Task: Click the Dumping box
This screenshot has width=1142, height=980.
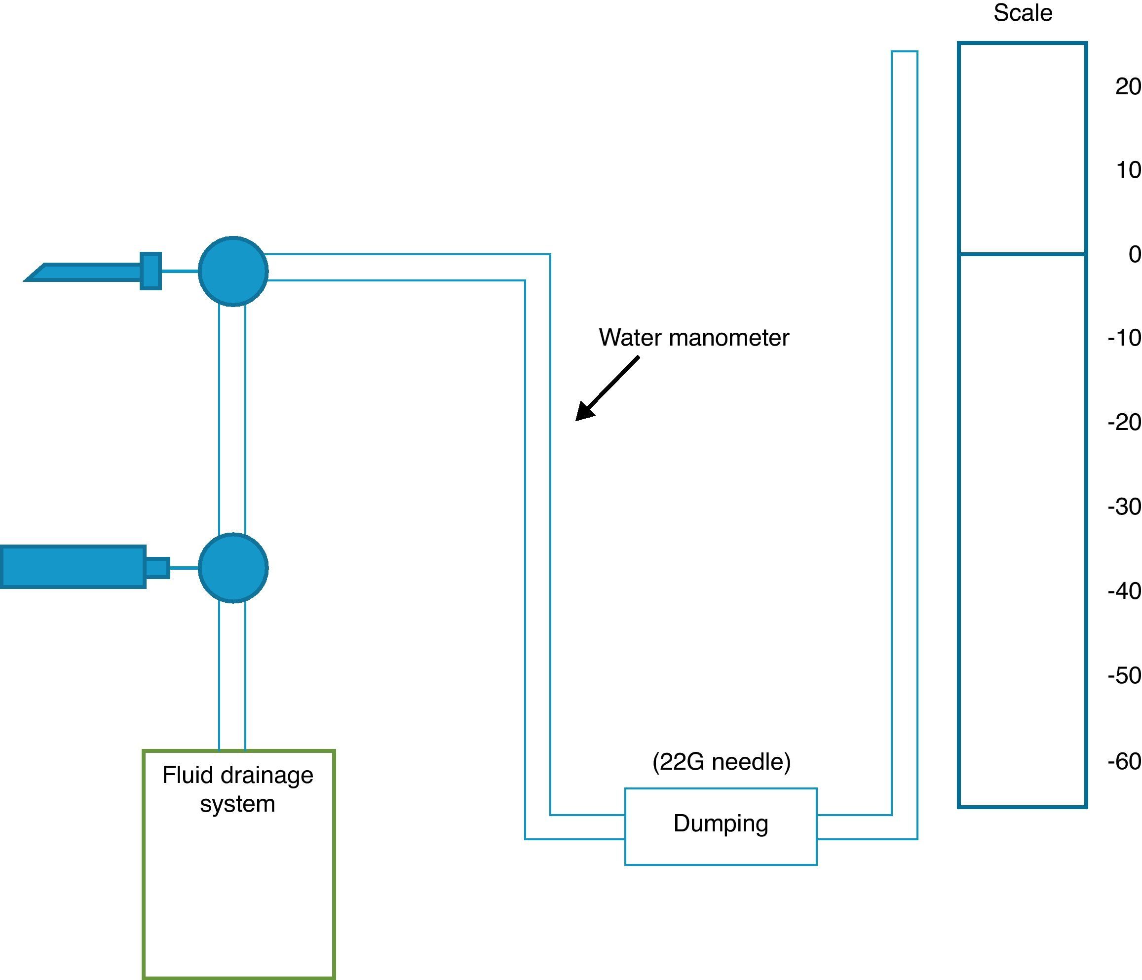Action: click(721, 826)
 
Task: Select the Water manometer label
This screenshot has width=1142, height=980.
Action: click(694, 338)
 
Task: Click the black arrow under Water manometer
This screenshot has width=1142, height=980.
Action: click(606, 389)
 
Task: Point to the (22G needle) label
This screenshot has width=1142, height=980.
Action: click(721, 762)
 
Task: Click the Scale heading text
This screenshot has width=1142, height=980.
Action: click(1023, 13)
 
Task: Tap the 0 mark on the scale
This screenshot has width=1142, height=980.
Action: click(1134, 254)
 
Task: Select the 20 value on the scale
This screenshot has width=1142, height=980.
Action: click(1128, 86)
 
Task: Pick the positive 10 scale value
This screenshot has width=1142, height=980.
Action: click(1128, 170)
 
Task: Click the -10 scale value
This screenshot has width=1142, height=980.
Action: click(1124, 338)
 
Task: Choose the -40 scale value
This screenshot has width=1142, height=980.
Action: click(1124, 591)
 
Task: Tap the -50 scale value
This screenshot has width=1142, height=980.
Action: click(1124, 675)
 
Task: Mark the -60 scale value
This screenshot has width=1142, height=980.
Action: click(1124, 762)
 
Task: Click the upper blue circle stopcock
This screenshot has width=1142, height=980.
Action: click(233, 272)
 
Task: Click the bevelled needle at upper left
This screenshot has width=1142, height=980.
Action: click(88, 272)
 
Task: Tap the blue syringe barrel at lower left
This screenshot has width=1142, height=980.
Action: click(73, 567)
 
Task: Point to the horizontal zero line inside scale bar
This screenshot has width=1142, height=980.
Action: click(1023, 254)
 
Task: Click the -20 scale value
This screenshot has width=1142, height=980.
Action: click(1124, 423)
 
